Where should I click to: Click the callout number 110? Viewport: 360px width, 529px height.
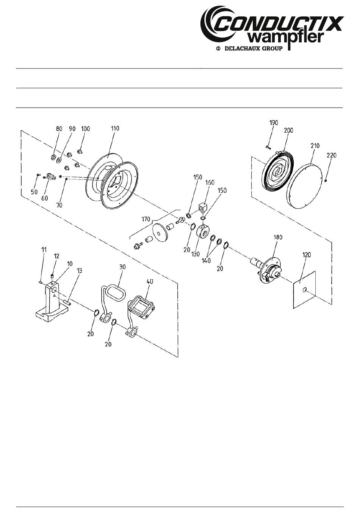click(x=115, y=129)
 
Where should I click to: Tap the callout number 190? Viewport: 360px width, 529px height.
click(x=274, y=123)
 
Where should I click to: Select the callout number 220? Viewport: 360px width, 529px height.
click(x=332, y=155)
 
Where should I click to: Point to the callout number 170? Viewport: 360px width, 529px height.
click(x=146, y=219)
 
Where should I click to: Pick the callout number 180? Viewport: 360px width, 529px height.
click(x=278, y=237)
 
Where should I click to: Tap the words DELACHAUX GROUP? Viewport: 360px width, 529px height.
click(x=253, y=48)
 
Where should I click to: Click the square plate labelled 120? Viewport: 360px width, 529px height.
click(x=305, y=290)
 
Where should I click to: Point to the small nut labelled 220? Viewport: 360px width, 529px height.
click(x=326, y=181)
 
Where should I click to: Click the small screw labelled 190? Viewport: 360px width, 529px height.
click(x=268, y=147)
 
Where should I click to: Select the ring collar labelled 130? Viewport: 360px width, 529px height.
click(x=203, y=231)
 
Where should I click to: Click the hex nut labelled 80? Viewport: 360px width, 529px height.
click(x=53, y=157)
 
